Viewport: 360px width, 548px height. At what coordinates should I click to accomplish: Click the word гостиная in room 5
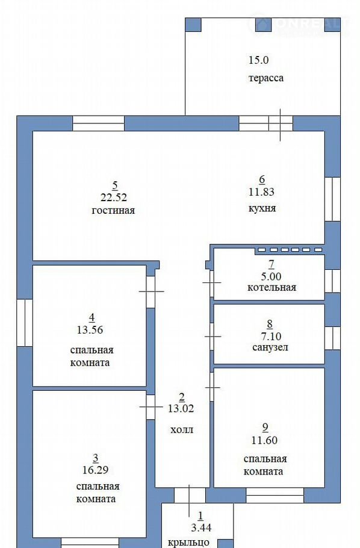(x=113, y=210)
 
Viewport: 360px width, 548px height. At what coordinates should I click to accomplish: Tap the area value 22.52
(x=114, y=198)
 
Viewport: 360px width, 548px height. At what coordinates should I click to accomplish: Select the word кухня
(x=262, y=208)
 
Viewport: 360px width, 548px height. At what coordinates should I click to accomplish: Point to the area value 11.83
(x=261, y=192)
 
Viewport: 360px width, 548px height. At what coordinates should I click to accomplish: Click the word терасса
(x=266, y=78)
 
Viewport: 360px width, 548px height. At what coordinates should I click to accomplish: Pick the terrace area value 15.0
(x=259, y=60)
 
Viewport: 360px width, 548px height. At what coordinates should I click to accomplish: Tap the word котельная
(x=272, y=288)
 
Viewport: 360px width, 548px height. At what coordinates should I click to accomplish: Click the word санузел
(x=270, y=347)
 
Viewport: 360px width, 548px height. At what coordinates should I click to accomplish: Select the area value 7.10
(x=271, y=336)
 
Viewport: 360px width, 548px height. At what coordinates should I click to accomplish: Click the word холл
(x=182, y=429)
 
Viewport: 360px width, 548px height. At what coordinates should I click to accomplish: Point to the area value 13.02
(x=181, y=408)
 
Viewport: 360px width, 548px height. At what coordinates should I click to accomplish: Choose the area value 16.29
(x=95, y=470)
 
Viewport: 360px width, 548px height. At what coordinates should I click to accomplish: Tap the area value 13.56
(x=90, y=329)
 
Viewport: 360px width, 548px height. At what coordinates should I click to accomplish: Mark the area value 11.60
(x=265, y=440)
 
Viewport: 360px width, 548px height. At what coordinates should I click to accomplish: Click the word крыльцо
(x=189, y=543)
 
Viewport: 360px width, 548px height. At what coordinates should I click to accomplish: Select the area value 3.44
(x=201, y=528)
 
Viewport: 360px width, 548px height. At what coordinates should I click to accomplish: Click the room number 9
(x=265, y=427)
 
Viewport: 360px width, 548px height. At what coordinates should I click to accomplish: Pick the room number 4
(x=92, y=318)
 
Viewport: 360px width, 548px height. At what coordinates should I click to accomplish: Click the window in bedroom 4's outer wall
(x=25, y=323)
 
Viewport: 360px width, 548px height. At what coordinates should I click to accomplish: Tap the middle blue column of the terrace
(x=264, y=25)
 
